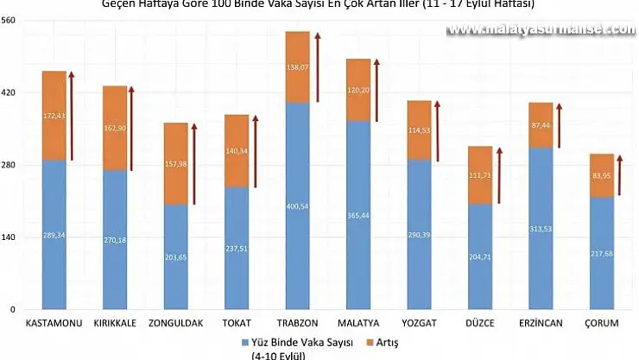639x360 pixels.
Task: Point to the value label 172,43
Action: click(x=54, y=115)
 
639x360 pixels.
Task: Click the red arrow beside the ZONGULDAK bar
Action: click(x=194, y=164)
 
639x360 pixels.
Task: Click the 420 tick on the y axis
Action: click(x=9, y=92)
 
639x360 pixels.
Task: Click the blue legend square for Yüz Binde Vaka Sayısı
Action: click(x=246, y=342)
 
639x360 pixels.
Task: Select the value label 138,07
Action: click(x=297, y=66)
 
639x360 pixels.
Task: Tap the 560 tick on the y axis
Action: click(x=9, y=20)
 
